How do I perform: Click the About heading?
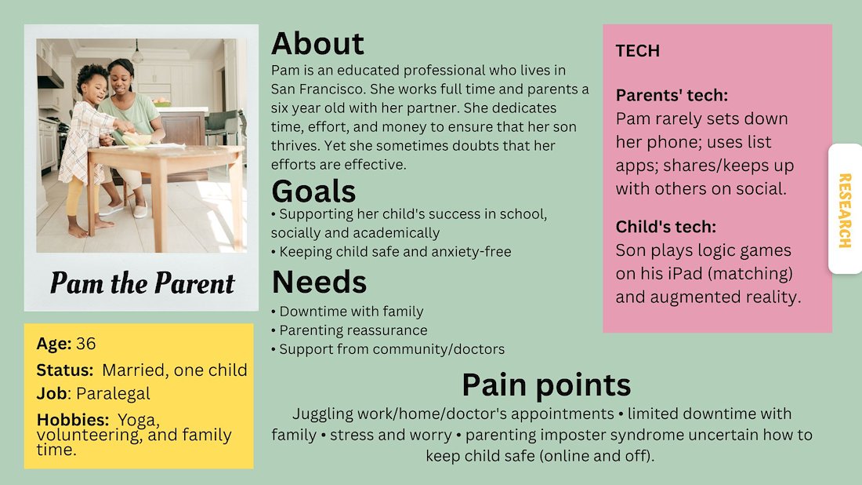coord(317,43)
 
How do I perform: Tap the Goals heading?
coord(313,191)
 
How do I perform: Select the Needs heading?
coord(319,282)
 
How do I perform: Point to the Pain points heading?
coord(546,385)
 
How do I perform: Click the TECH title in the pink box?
coord(638,51)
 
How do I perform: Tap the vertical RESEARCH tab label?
coord(845,210)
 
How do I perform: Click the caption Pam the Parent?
coord(142,283)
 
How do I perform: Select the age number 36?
coord(85,344)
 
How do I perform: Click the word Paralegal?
coord(113,393)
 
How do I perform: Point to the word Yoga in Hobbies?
coord(138,420)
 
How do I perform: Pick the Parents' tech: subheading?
coord(672,95)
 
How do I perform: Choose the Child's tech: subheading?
coord(666,227)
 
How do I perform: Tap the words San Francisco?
coord(317,89)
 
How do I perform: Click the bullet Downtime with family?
coord(347,312)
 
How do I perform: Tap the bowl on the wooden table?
coord(136,139)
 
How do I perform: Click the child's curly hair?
coord(92,75)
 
